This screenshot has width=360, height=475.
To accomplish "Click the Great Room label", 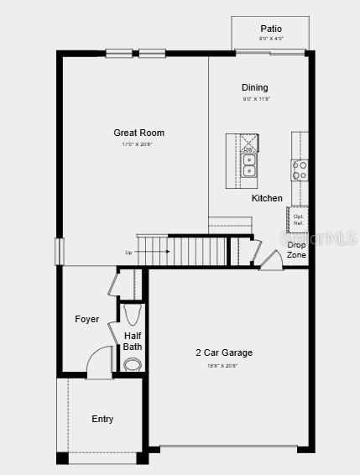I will (x=139, y=133).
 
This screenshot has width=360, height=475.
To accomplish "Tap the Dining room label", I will (x=254, y=87).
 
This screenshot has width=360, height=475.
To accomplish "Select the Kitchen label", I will (x=267, y=198).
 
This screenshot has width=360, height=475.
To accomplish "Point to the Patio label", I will (x=270, y=29).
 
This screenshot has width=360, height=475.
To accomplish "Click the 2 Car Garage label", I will (x=224, y=352).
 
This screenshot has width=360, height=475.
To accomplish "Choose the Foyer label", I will (x=87, y=319).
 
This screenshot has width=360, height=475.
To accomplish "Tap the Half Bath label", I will (x=133, y=341).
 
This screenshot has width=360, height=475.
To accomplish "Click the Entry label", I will (x=102, y=419).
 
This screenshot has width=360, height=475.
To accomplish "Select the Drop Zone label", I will (x=296, y=249).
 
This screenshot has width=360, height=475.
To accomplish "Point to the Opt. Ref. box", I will (x=298, y=219).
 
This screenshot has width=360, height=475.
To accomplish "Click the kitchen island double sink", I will (x=249, y=164).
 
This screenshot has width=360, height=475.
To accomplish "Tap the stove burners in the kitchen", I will (x=300, y=170).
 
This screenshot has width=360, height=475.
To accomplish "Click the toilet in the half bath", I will (x=133, y=364).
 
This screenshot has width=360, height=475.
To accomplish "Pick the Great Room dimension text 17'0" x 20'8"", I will (x=138, y=144).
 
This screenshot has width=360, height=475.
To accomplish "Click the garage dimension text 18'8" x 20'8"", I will (x=223, y=365).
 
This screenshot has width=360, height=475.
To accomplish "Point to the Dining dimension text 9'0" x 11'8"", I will (x=254, y=99).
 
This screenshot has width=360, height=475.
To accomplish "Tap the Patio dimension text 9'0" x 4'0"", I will (x=270, y=39).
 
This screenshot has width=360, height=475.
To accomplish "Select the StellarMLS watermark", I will (x=322, y=237).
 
